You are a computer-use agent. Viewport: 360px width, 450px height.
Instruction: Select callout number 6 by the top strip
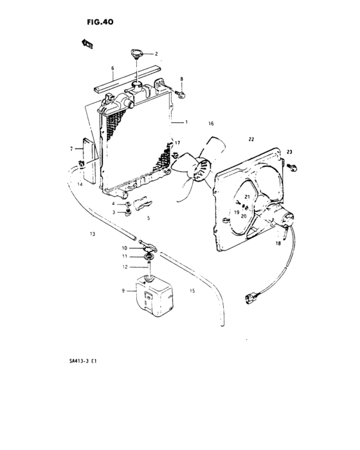point(112,67)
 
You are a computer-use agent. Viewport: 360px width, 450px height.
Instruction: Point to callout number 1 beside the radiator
point(186,121)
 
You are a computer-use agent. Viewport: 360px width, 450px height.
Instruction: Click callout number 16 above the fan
point(210,123)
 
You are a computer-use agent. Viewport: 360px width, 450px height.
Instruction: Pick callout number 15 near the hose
point(192,291)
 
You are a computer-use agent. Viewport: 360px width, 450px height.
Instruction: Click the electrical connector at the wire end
point(251,298)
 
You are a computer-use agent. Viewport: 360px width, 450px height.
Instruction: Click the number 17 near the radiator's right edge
point(177,142)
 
